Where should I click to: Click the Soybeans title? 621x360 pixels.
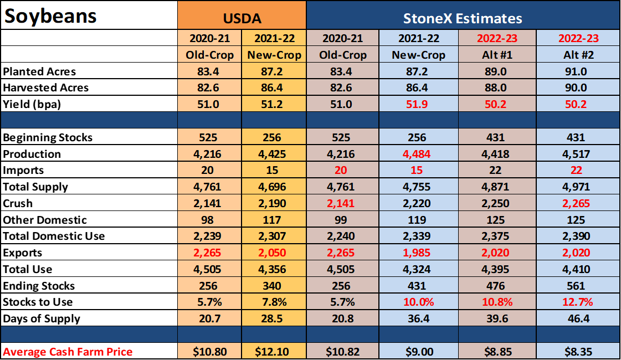click(50, 17)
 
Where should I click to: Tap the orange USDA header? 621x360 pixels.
click(242, 18)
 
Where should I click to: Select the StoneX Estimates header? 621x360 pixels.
click(463, 18)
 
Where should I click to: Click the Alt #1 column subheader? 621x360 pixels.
click(497, 55)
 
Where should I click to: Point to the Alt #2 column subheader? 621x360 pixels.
click(579, 55)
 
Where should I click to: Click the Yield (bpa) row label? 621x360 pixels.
click(32, 104)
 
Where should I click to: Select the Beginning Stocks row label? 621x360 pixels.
click(48, 137)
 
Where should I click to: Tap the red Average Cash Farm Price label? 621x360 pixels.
click(68, 352)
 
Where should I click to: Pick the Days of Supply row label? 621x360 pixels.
click(42, 318)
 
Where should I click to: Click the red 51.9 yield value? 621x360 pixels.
click(417, 104)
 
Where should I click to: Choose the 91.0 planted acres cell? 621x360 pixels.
click(576, 71)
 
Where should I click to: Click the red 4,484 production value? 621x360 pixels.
click(416, 153)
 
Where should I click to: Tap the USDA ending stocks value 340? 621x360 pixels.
click(271, 286)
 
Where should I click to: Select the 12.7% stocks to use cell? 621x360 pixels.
click(577, 302)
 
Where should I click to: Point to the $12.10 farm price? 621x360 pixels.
click(272, 352)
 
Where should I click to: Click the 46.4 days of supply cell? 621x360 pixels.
click(579, 318)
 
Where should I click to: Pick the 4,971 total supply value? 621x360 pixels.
click(576, 187)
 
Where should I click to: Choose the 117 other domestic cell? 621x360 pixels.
click(271, 220)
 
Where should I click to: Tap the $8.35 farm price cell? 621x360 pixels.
click(579, 352)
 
